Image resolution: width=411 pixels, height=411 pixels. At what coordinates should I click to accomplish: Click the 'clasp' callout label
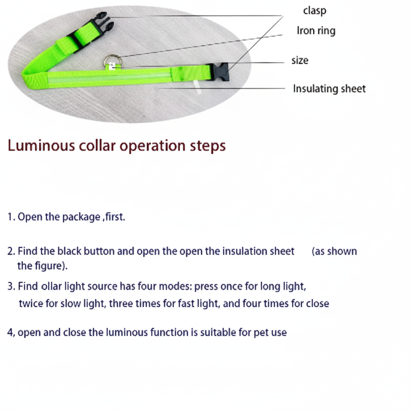tap(315, 11)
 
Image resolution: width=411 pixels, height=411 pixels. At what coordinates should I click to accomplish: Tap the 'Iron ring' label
tap(316, 31)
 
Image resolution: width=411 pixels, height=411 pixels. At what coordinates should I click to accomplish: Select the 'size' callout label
tap(300, 61)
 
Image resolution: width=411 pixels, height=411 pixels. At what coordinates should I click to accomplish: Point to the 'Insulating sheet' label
tap(329, 89)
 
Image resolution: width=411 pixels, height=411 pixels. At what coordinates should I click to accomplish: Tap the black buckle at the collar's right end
tap(220, 72)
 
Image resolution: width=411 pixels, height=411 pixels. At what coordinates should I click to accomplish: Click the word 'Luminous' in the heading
tap(41, 145)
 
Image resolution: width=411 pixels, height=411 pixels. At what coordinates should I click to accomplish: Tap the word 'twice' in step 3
tap(31, 303)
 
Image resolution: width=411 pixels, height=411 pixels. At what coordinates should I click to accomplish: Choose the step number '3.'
tap(11, 287)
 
